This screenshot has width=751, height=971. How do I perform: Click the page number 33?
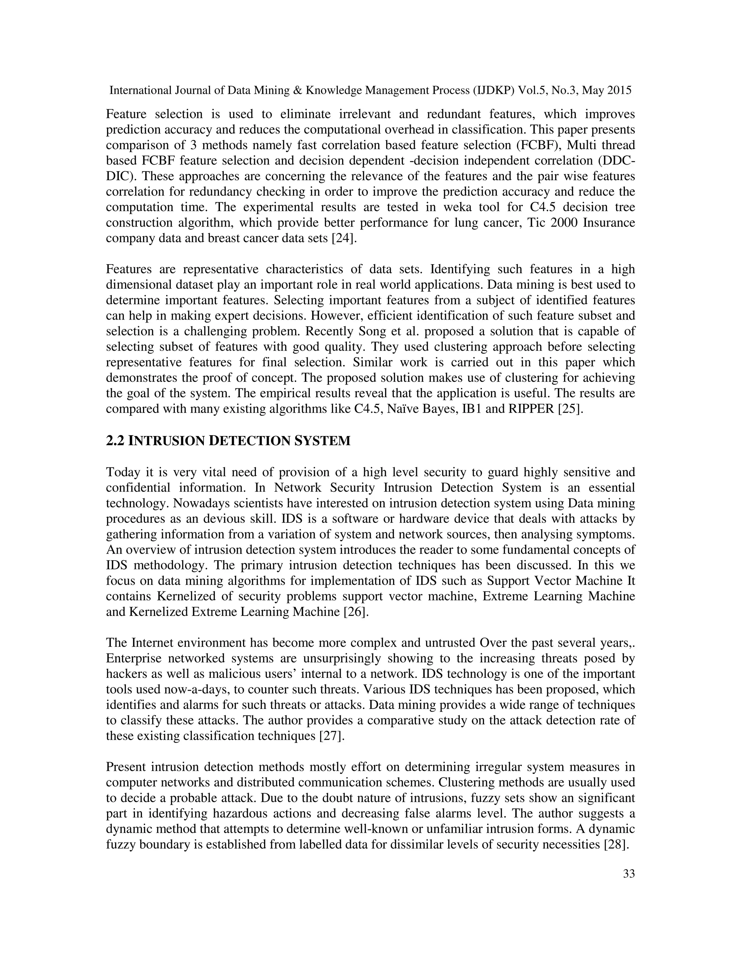point(629,874)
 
